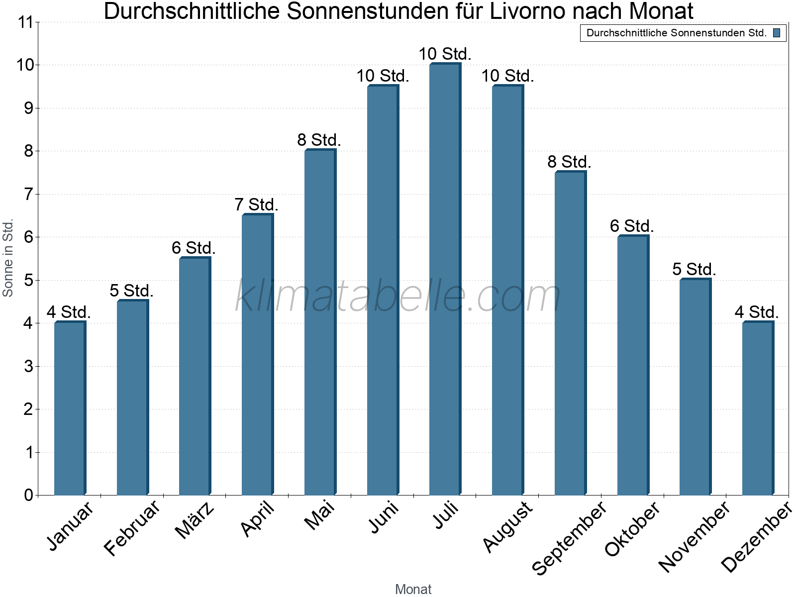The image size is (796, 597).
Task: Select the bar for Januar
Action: pos(70,408)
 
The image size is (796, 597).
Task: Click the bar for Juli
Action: pos(445,279)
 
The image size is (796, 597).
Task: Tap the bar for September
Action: pos(570,333)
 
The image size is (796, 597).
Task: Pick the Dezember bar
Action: pos(758,408)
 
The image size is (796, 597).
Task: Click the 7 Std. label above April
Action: pos(256,204)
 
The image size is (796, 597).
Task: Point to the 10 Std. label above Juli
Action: pos(445,54)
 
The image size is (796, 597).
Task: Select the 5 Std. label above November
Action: pos(694,269)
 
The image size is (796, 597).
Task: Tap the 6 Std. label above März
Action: pos(194,248)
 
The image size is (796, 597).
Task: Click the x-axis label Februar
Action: pos(132,527)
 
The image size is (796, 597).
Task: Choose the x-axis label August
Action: pos(508,526)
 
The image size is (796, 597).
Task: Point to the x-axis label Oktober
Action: pos(632,528)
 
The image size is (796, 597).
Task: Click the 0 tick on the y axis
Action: pos(28,495)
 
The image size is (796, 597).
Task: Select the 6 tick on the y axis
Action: pos(28,237)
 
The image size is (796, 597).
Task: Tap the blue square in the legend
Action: pos(777,33)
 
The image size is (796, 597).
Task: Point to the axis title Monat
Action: pos(413,589)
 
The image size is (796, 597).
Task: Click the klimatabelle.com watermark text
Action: pos(398,297)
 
